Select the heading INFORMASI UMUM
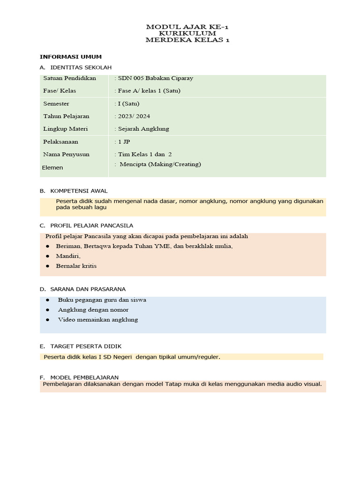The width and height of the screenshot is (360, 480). pyautogui.click(x=71, y=57)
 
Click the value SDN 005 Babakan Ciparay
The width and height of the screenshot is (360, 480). pyautogui.click(x=154, y=78)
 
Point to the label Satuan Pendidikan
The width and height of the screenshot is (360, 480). pyautogui.click(x=69, y=78)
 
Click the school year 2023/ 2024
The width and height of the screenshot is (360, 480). pyautogui.click(x=132, y=116)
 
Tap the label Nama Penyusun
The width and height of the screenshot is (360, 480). pyautogui.click(x=66, y=154)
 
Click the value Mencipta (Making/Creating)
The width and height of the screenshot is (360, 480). pyautogui.click(x=159, y=164)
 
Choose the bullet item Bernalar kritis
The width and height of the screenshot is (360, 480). pyautogui.click(x=77, y=266)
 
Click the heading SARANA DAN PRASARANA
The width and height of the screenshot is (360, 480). pyautogui.click(x=88, y=289)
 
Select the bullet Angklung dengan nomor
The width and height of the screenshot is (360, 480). pyautogui.click(x=93, y=310)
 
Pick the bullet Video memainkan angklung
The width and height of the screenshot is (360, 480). pyautogui.click(x=97, y=320)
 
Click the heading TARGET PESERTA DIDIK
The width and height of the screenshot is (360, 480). pyautogui.click(x=86, y=346)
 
